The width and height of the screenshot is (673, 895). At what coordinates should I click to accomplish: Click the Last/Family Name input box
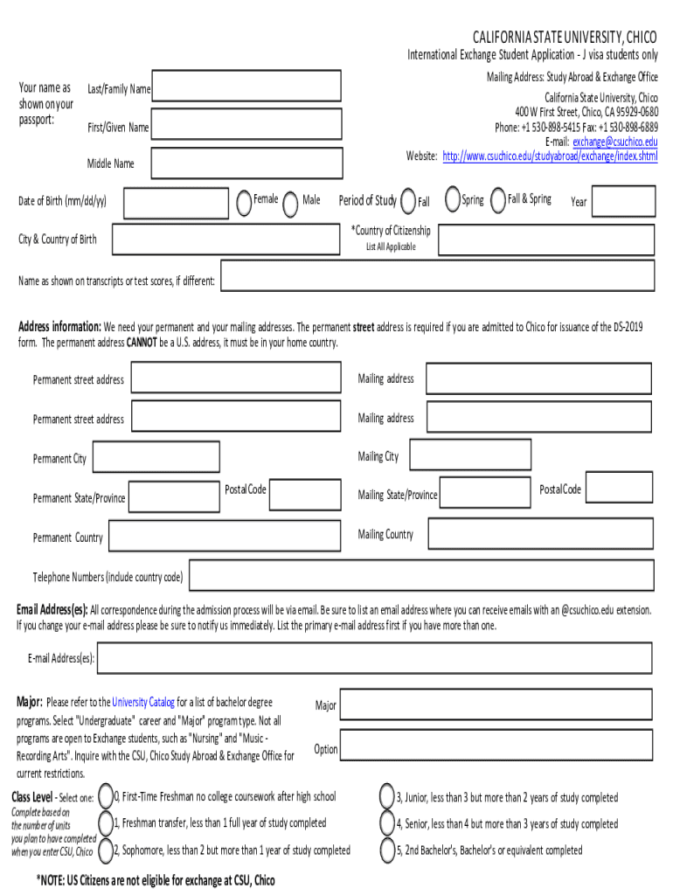pyautogui.click(x=246, y=88)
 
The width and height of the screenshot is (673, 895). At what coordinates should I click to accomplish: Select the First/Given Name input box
pyautogui.click(x=246, y=127)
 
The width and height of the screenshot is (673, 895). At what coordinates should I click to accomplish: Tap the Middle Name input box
pyautogui.click(x=246, y=163)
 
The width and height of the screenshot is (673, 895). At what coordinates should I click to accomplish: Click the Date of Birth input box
pyautogui.click(x=175, y=202)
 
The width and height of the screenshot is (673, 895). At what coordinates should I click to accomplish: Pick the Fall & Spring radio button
pyautogui.click(x=498, y=200)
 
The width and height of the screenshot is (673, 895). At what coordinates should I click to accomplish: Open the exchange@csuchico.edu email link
pyautogui.click(x=614, y=142)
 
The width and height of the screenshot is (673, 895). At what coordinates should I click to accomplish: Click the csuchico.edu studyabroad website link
pyautogui.click(x=550, y=156)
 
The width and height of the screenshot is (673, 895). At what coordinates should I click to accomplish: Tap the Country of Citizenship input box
pyautogui.click(x=546, y=239)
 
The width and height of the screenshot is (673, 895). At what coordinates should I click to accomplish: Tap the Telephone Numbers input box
pyautogui.click(x=421, y=576)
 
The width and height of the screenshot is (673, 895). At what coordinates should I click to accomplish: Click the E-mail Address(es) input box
pyautogui.click(x=374, y=658)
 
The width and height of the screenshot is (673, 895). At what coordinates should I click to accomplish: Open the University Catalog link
pyautogui.click(x=143, y=702)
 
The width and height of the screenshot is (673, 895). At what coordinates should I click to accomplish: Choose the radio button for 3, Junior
pyautogui.click(x=386, y=796)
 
